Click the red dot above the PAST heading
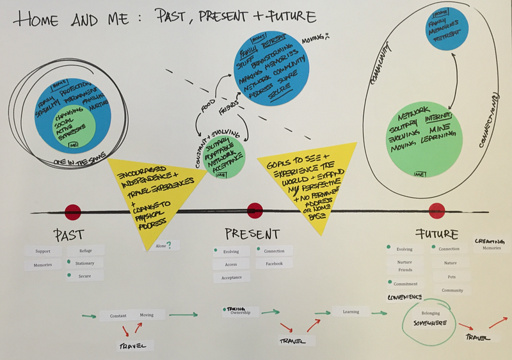point(73,212)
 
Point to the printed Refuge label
point(86,251)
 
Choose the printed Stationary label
point(86,263)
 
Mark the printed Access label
point(231,264)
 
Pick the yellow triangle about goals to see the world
point(298,182)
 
